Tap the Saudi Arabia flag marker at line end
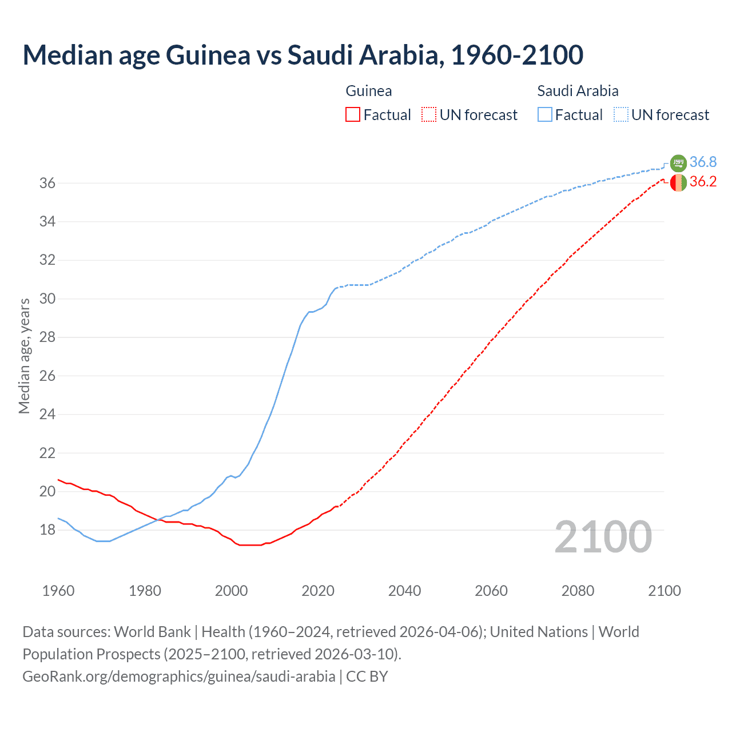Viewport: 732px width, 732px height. pos(678,163)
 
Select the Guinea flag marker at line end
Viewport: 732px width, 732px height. pos(678,182)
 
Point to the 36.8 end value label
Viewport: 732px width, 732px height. pos(703,162)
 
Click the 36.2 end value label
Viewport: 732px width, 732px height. pos(703,182)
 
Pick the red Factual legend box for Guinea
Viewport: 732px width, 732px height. pos(353,115)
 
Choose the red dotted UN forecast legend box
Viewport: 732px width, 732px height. pos(429,115)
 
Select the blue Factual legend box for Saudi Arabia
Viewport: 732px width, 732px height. pos(545,115)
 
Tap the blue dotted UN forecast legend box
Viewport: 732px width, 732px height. pos(621,115)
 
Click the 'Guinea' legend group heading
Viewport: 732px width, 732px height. pos(369,91)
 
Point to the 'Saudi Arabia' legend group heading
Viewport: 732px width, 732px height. pos(578,91)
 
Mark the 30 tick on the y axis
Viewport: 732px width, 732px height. pos(47,299)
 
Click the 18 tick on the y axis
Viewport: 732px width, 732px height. pos(47,530)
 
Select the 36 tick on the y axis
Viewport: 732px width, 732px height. pos(47,183)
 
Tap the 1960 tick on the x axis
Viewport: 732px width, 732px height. pos(58,591)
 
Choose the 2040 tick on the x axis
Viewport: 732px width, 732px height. pos(404,591)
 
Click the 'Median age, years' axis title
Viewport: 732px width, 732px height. pos(24,356)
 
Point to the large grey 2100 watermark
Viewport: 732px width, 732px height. pos(603,537)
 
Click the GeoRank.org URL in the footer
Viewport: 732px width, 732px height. pos(178,677)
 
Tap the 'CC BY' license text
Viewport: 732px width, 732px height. pos(367,677)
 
